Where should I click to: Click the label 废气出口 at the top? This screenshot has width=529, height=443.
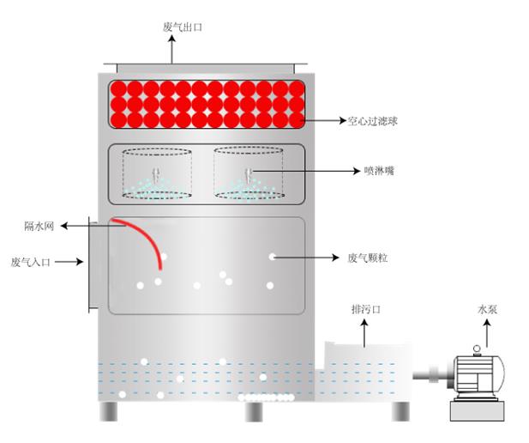[x=182, y=27]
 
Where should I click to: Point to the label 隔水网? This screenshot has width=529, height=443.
[x=39, y=226]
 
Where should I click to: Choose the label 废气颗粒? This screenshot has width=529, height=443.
[x=369, y=258]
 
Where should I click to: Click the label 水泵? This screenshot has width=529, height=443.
[x=488, y=308]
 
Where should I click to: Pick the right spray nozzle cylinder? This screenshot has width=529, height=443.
[x=249, y=173]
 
